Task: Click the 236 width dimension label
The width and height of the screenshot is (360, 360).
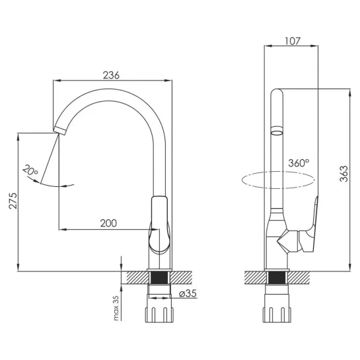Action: click(111, 75)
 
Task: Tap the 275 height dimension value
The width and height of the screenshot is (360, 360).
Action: click(13, 201)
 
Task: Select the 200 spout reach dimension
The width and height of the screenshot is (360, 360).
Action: click(108, 223)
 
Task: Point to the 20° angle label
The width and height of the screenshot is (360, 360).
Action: click(30, 170)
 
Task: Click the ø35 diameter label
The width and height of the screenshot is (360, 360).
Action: click(188, 293)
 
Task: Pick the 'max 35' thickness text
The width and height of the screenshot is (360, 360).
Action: click(116, 308)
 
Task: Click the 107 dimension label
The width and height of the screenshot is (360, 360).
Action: click(292, 41)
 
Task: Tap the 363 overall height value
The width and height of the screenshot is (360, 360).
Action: click(344, 174)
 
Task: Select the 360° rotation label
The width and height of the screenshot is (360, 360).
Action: click(299, 162)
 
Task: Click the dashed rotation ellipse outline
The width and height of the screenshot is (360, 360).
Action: click(278, 172)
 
